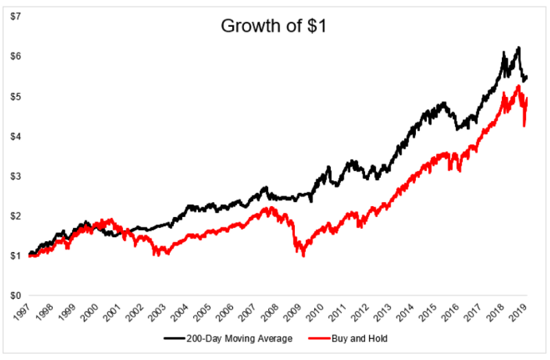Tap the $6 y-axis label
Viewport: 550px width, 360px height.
click(14, 56)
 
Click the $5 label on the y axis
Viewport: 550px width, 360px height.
click(14, 95)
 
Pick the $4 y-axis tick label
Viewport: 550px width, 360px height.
click(14, 135)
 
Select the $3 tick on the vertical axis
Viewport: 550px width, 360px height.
click(14, 176)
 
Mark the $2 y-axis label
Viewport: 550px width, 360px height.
click(14, 216)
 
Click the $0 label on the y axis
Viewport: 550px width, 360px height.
click(14, 295)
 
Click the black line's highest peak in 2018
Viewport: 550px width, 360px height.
click(518, 47)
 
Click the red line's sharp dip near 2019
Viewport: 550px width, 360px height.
click(525, 126)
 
